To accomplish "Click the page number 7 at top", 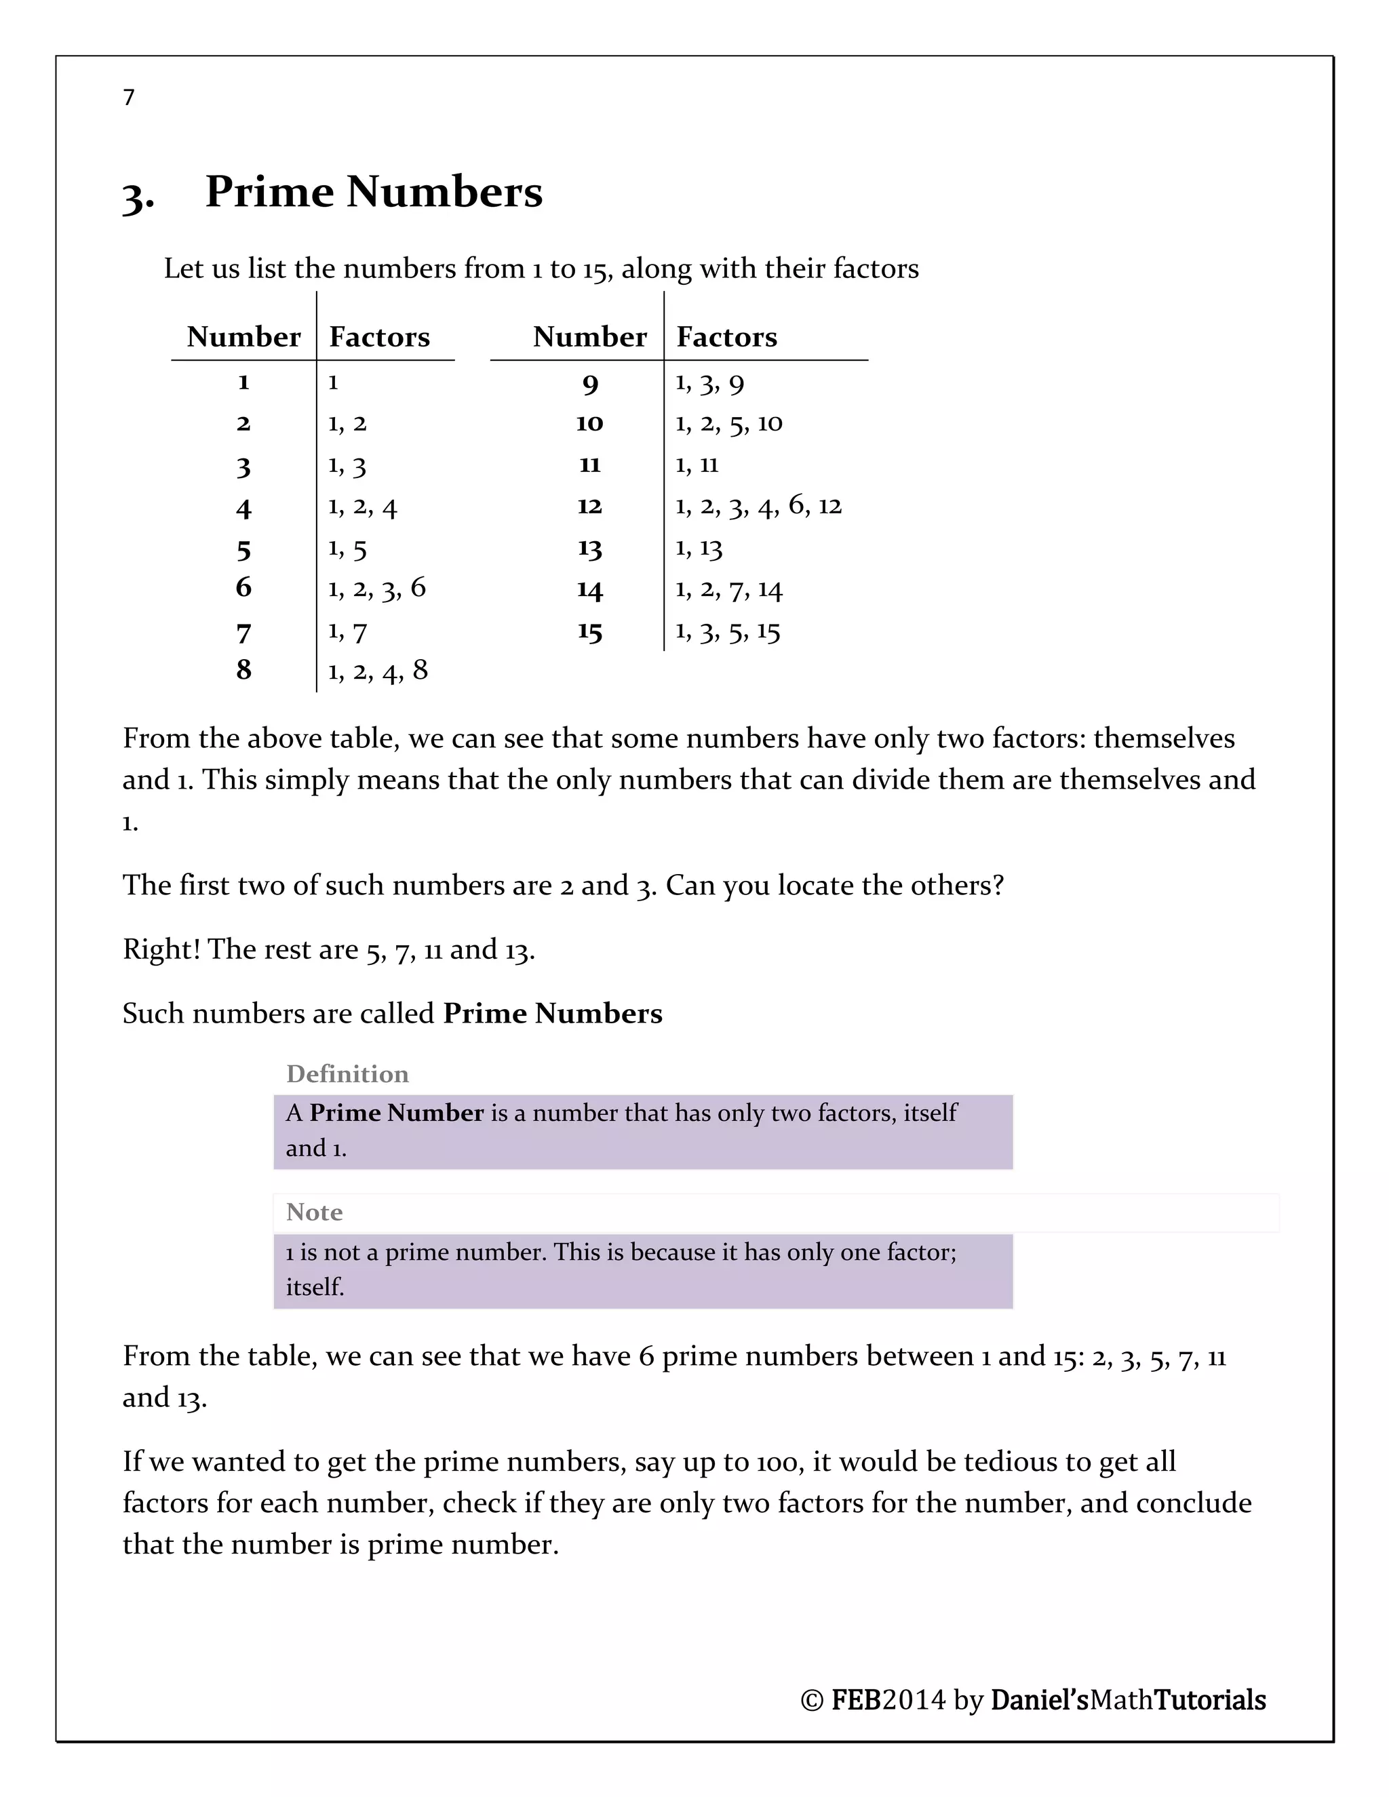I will tap(128, 98).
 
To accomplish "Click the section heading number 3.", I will tap(138, 196).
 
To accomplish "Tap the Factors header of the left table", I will tap(379, 336).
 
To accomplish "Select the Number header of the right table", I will tap(589, 336).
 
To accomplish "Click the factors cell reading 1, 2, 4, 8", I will tap(378, 671).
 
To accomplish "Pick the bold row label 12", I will tap(589, 506).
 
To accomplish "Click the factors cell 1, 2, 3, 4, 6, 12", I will tap(758, 506).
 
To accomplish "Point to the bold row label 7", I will tap(243, 633).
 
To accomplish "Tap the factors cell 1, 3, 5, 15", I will tap(728, 632).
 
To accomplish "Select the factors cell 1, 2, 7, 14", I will tap(728, 590).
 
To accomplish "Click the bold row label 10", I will tap(589, 423).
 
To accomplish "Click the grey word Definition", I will tap(347, 1073).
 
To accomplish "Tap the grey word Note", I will tap(314, 1212).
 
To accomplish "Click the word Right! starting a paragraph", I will tap(161, 949).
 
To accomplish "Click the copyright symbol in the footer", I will tap(811, 1700).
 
